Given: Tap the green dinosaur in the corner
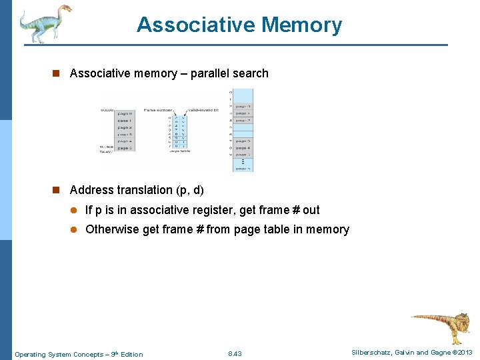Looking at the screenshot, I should (44, 23).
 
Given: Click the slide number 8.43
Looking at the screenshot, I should (235, 353).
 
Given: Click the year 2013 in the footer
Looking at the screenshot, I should (465, 353).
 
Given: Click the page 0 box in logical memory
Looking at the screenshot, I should (125, 113).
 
